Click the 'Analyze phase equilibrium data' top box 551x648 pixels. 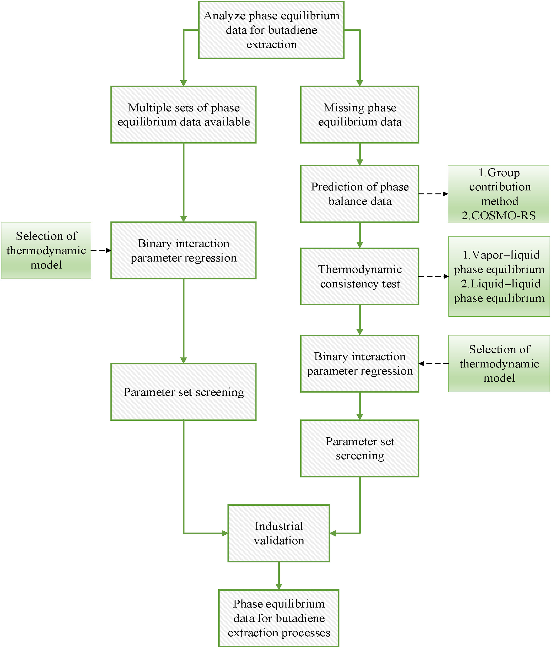(271, 30)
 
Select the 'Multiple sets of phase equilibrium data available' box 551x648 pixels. (183, 115)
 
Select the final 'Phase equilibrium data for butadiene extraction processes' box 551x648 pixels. (279, 618)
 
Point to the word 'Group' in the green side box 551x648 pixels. (504, 173)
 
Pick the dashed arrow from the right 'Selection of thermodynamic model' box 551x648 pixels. (434, 363)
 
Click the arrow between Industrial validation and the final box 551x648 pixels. (279, 575)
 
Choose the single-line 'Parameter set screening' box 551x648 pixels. (183, 392)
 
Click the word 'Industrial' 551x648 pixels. (279, 526)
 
